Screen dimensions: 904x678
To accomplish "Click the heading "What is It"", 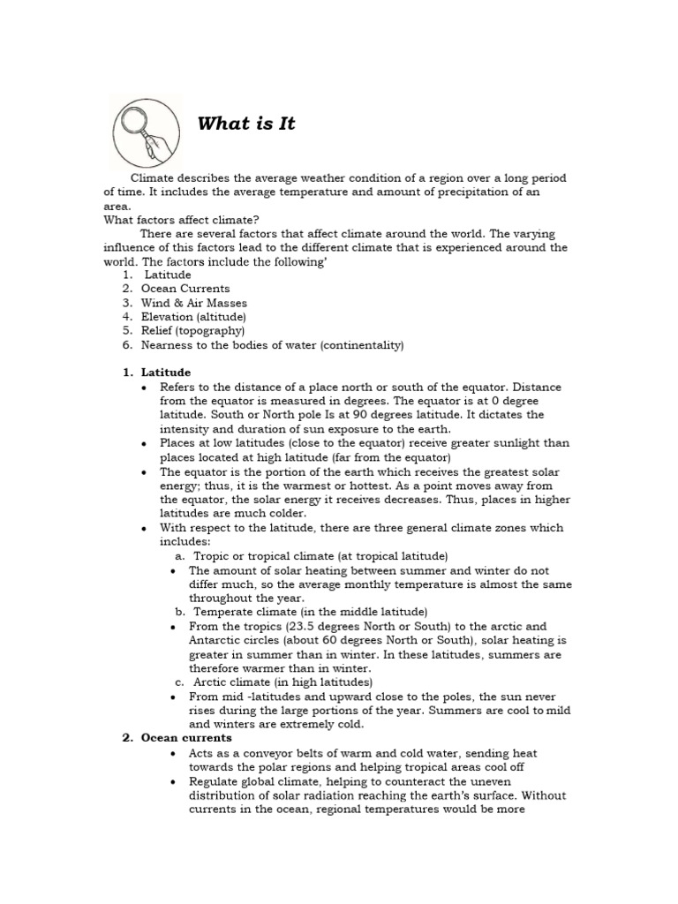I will click(x=246, y=124).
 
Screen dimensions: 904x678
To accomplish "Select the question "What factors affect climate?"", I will click(x=182, y=220).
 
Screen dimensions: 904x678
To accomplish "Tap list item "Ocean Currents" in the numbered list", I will click(x=185, y=289).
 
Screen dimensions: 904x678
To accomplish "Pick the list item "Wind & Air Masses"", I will click(x=194, y=303).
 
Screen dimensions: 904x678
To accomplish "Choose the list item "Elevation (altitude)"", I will click(x=193, y=317).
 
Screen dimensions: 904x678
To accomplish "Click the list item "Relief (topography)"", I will click(x=192, y=331).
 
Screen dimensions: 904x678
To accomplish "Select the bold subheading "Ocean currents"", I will click(x=186, y=738).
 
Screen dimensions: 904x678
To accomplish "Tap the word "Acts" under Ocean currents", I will click(x=200, y=753).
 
